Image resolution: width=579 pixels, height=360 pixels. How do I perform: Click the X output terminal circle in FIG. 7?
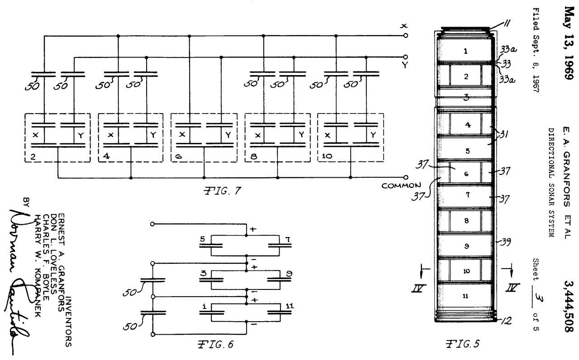(405, 35)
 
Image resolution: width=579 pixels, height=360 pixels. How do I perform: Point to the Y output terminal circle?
(405, 57)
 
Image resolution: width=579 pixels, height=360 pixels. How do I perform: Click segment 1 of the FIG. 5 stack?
(466, 51)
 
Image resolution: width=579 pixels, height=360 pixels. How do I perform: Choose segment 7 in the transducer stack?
(467, 195)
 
